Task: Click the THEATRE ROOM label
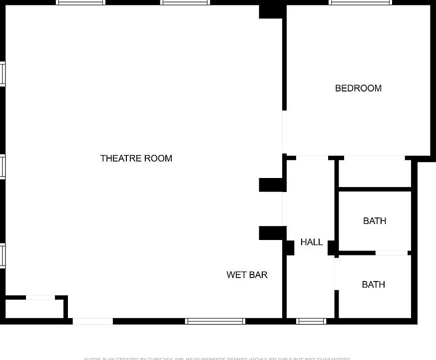point(136,158)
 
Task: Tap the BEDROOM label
point(358,88)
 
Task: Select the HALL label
point(311,242)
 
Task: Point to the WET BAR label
point(247,275)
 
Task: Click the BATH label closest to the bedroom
point(375,221)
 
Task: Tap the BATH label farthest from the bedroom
point(373,284)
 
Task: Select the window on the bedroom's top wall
point(360,2)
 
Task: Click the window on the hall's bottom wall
point(311,321)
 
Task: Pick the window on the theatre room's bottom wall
point(215,321)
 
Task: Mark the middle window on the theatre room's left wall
point(2,167)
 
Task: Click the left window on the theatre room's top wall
point(80,2)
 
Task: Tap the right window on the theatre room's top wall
point(185,2)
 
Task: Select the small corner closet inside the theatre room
point(34,308)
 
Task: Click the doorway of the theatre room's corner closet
point(40,298)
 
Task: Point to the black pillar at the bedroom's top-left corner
point(272,10)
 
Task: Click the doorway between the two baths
point(392,253)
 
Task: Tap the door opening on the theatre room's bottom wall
point(93,321)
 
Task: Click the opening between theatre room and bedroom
point(284,132)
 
